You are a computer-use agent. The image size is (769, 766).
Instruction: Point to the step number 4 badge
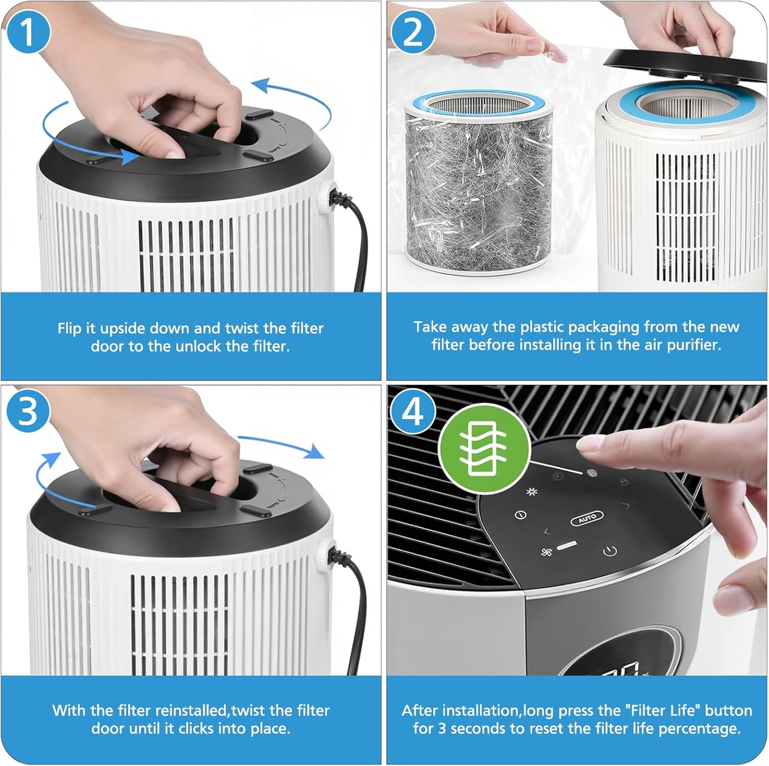pyautogui.click(x=413, y=412)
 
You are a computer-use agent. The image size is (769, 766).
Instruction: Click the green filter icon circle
pyautogui.click(x=484, y=450)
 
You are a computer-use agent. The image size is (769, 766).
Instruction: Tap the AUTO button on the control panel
pyautogui.click(x=586, y=518)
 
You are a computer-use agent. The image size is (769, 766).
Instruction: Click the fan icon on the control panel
pyautogui.click(x=546, y=553)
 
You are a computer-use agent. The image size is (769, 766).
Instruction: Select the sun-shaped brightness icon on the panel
pyautogui.click(x=531, y=492)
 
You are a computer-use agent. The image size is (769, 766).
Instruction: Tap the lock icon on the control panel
pyautogui.click(x=623, y=482)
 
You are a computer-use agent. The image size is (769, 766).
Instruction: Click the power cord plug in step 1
pyautogui.click(x=338, y=198)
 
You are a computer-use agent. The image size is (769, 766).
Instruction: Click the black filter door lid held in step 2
pyautogui.click(x=685, y=67)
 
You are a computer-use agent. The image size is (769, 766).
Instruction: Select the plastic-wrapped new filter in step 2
pyautogui.click(x=479, y=182)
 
